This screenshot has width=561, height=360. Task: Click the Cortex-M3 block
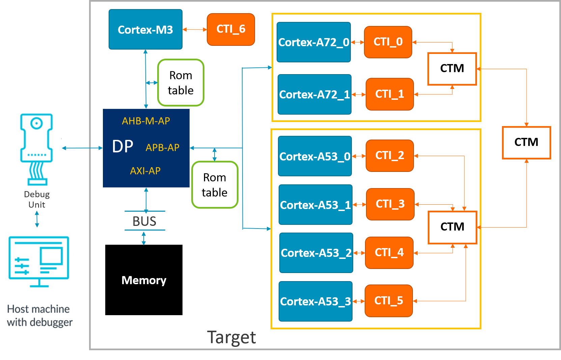click(145, 30)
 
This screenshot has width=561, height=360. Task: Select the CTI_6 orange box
click(231, 29)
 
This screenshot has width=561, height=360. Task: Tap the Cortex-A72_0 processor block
click(313, 42)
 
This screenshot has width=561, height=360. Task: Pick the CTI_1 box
click(390, 94)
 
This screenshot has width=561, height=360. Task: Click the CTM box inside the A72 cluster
click(452, 69)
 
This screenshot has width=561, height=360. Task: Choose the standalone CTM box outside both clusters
click(526, 142)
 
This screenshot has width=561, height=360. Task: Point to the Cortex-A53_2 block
click(316, 253)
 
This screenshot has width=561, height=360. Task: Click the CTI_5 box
click(389, 301)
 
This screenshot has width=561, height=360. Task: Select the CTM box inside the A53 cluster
click(452, 227)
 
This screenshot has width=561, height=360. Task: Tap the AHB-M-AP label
click(146, 121)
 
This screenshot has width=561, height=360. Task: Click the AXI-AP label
click(145, 171)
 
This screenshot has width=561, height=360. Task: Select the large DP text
click(122, 147)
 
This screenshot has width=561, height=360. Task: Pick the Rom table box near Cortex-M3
click(181, 83)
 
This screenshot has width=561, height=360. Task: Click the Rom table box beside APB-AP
click(215, 185)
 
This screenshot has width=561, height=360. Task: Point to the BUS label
click(144, 221)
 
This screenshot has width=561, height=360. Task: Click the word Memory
click(144, 280)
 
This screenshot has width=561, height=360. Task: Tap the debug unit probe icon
click(37, 148)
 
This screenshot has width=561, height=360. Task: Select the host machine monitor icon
click(39, 262)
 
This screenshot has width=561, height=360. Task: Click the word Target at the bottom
click(231, 337)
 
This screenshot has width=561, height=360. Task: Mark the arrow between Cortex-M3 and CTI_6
click(195, 30)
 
